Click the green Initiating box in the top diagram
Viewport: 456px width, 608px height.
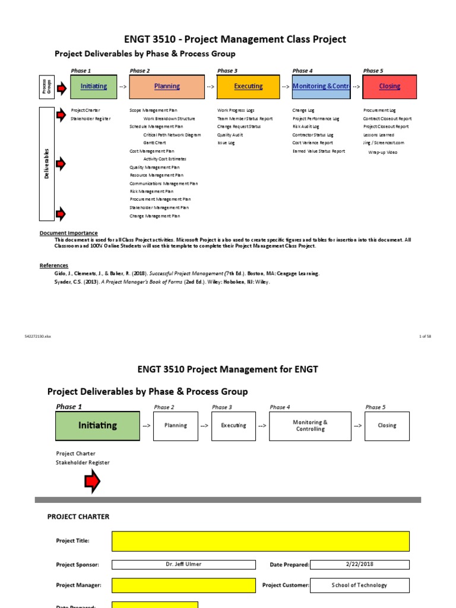[94, 87]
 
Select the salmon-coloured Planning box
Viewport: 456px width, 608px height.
[167, 87]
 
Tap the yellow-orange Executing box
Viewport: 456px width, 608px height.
[248, 87]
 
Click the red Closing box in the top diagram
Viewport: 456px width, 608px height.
[389, 87]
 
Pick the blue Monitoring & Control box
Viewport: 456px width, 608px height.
[321, 87]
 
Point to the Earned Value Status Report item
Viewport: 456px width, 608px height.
[318, 151]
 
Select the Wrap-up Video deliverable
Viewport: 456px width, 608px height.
[383, 153]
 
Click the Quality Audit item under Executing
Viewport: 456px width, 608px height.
[230, 135]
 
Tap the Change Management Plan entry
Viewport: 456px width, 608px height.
[154, 216]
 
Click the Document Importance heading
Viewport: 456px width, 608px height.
[68, 233]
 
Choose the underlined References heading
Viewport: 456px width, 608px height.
[54, 265]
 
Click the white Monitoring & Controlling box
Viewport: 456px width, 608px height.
[309, 426]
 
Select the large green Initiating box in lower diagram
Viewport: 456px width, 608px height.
[98, 426]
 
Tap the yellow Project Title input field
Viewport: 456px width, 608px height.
[260, 541]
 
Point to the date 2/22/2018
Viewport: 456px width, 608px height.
[359, 565]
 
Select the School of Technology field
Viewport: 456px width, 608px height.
[359, 585]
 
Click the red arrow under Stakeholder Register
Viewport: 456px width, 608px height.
[93, 482]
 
